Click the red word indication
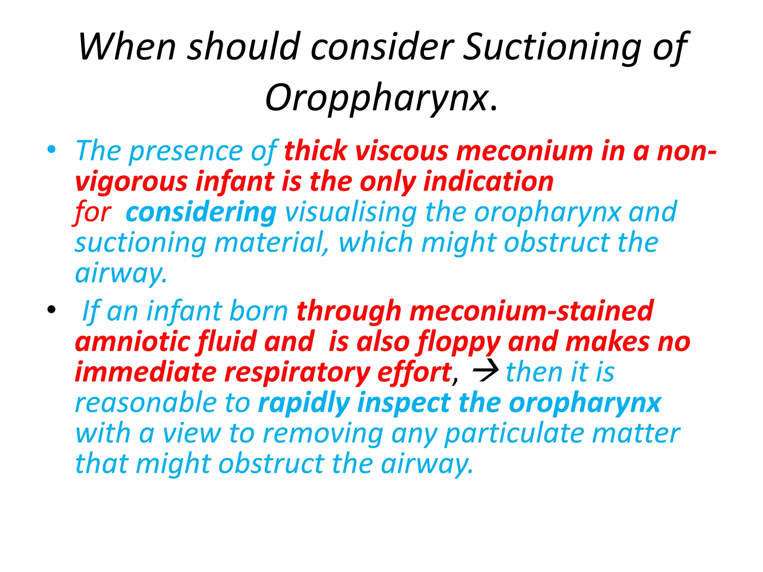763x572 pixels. (x=488, y=182)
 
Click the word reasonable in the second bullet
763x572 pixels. (x=145, y=403)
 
